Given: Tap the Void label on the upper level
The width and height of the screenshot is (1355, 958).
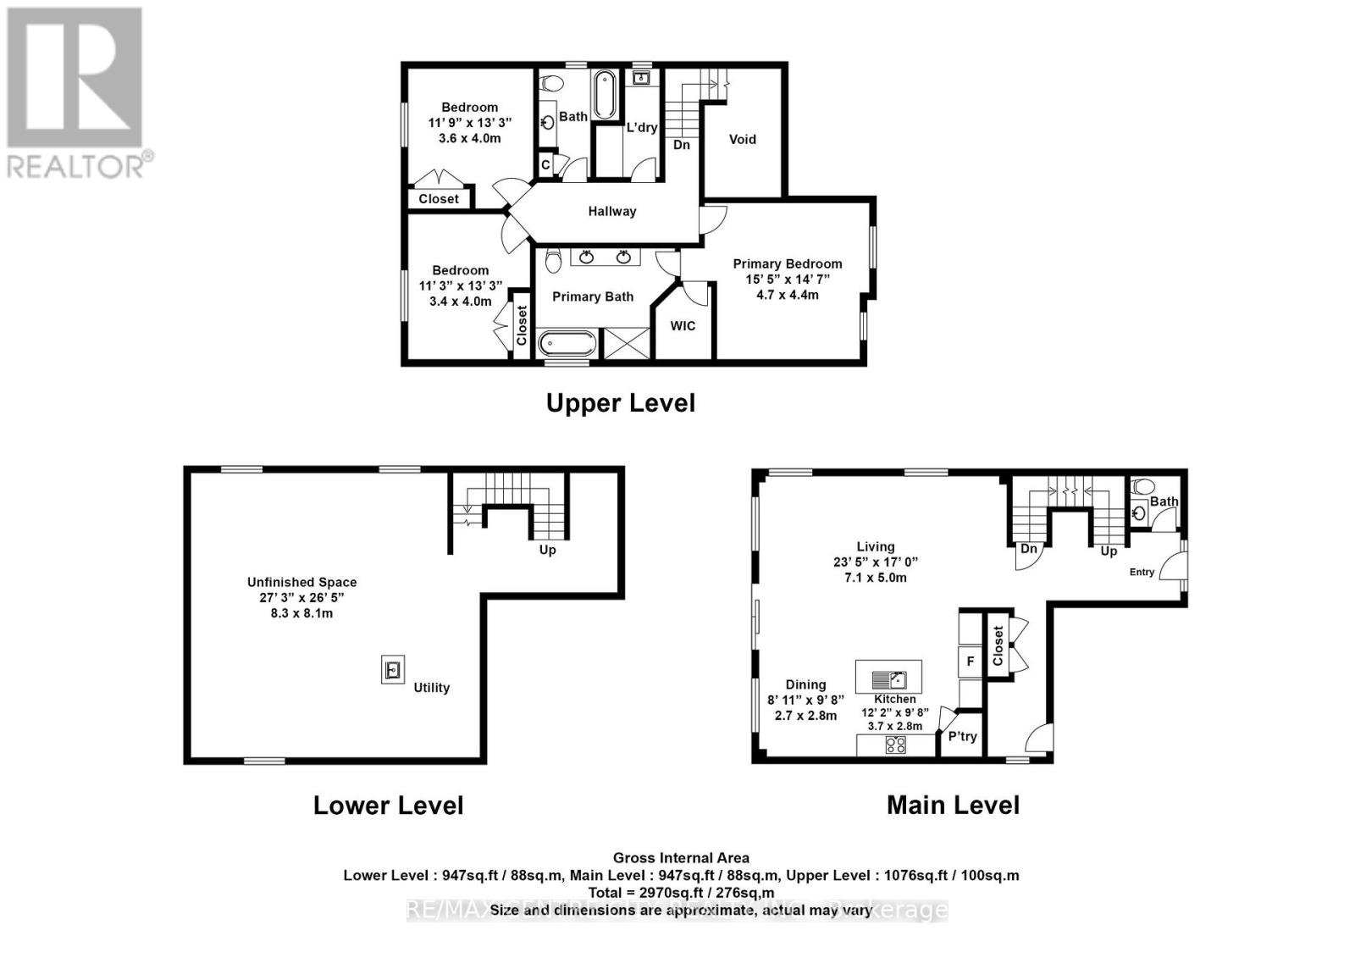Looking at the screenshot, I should (742, 139).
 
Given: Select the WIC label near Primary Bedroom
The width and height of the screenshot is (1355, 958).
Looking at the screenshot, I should (683, 326).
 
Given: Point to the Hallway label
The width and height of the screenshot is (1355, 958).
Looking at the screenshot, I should (611, 212).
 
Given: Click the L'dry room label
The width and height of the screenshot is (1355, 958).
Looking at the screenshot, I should (641, 128).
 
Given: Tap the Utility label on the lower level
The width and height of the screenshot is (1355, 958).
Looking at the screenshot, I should (431, 688).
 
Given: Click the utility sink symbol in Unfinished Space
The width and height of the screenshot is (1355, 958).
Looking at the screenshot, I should (392, 670).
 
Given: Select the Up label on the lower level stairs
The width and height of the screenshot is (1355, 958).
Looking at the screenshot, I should (547, 551).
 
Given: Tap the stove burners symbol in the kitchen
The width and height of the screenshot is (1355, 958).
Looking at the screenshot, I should (895, 745).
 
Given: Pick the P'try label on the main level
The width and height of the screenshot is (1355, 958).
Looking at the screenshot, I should (962, 737).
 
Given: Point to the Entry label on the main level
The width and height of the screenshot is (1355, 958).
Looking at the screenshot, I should (1142, 573).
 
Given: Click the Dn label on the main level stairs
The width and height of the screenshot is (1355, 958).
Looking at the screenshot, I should (1028, 549).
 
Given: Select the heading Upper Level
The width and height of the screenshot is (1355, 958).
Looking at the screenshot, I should (620, 403).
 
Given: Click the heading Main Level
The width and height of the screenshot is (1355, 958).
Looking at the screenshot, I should (953, 805).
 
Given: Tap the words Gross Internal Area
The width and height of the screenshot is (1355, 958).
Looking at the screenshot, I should (681, 858).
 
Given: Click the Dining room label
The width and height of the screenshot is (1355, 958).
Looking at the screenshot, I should (805, 684).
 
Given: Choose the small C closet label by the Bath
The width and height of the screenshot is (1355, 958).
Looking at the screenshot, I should (545, 164).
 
